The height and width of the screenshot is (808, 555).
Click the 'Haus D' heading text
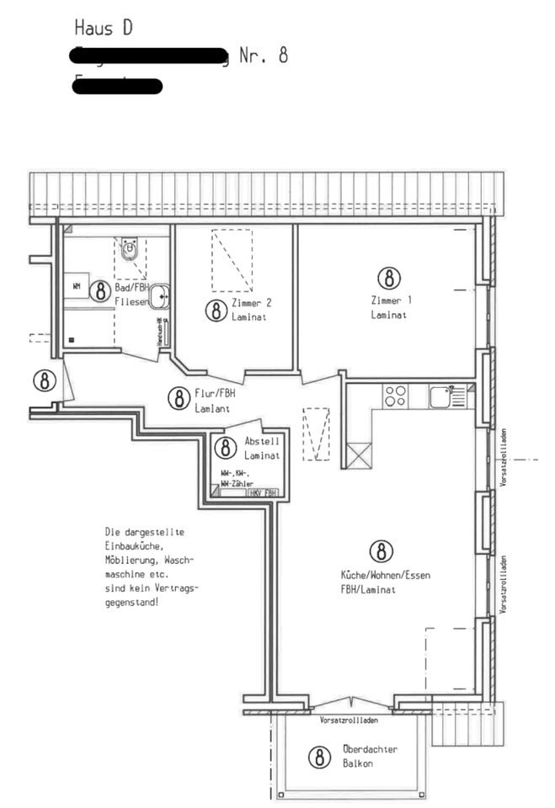[x=103, y=28]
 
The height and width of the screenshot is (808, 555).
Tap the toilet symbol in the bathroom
[x=130, y=250]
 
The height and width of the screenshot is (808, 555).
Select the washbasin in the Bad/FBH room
[x=159, y=296]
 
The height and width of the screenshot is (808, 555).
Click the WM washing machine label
[x=77, y=287]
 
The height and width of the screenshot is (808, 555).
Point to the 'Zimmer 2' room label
[x=251, y=302]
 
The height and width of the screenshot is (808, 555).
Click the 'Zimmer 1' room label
[x=388, y=300]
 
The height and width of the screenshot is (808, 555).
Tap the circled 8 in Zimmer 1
[x=387, y=278]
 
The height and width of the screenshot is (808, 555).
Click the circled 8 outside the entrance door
[x=46, y=380]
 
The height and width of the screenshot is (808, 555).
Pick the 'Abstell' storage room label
[x=261, y=441]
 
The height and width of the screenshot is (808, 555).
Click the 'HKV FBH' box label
[x=264, y=493]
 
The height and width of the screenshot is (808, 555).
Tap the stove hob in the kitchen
[x=396, y=396]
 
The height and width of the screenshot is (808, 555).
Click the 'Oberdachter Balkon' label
[x=370, y=756]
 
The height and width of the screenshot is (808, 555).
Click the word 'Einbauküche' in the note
[x=133, y=546]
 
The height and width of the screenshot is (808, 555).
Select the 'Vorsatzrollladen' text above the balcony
[x=349, y=720]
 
